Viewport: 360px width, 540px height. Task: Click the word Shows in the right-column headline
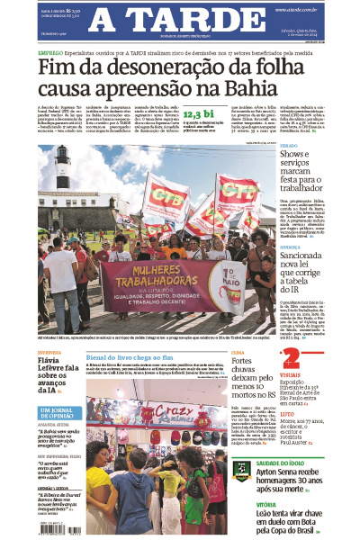[297, 156]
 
